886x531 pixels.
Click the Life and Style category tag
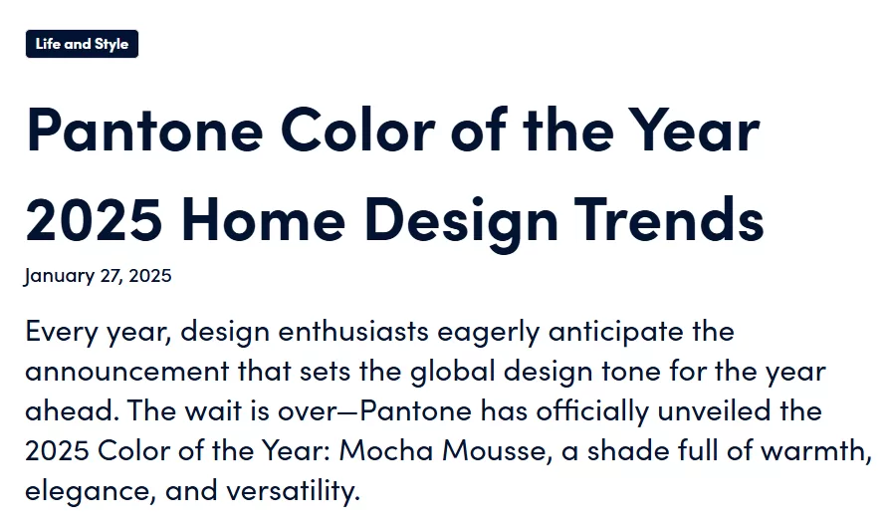pos(82,44)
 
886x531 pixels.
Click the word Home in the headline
pos(264,219)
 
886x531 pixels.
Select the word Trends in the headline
pos(670,219)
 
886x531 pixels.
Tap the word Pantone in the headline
pos(144,131)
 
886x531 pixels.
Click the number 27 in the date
pos(111,276)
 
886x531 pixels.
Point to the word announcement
pos(127,372)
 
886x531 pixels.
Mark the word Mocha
pos(386,450)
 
